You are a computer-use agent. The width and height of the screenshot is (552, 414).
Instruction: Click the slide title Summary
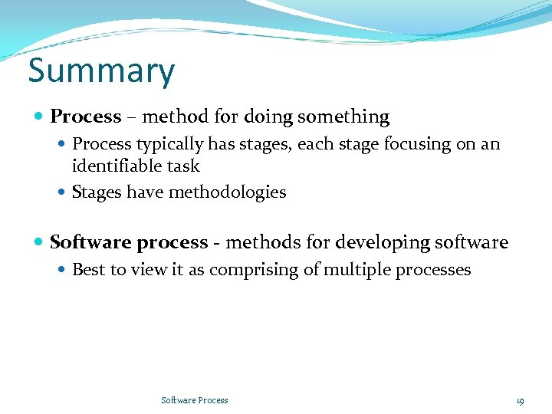[x=101, y=71]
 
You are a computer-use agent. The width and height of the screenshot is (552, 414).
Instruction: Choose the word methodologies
[x=227, y=192]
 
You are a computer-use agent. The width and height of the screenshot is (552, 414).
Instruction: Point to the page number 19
[x=520, y=400]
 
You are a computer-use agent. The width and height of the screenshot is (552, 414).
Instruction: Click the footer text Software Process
[x=195, y=400]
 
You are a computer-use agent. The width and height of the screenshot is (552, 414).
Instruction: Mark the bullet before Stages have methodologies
[x=63, y=192]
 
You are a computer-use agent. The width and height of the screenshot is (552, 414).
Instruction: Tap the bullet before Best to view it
[x=63, y=270]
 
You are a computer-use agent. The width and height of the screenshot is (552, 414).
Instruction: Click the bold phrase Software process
[x=129, y=243]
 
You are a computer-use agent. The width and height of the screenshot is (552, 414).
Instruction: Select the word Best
[x=87, y=270]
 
